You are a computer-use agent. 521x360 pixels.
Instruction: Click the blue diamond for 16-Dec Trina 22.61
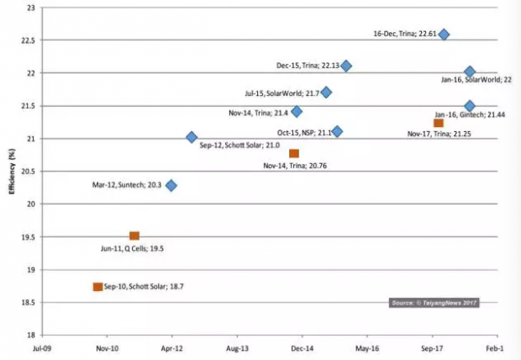click(x=444, y=34)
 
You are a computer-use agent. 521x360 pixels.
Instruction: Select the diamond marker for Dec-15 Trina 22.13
click(x=346, y=66)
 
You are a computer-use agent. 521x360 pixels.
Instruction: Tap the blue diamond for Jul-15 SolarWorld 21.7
click(x=326, y=92)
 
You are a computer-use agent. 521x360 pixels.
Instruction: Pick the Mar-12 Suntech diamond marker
click(x=171, y=185)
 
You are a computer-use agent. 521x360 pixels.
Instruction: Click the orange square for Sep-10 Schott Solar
click(x=98, y=287)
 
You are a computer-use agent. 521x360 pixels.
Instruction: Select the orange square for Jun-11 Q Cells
click(x=134, y=236)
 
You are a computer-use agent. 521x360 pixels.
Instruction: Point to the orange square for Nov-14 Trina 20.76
click(x=294, y=153)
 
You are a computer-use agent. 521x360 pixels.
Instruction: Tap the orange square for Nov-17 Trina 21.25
click(x=438, y=123)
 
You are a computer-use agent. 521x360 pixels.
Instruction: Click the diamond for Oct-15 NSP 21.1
click(x=337, y=131)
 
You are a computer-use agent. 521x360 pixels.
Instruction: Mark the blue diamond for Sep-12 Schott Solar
click(x=192, y=137)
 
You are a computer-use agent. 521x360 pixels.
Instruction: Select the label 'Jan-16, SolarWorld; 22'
click(x=476, y=80)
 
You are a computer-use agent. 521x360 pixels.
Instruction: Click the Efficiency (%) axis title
click(x=12, y=172)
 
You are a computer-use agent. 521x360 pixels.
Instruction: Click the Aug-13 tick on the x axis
click(x=237, y=347)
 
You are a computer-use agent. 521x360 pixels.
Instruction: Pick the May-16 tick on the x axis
click(x=367, y=347)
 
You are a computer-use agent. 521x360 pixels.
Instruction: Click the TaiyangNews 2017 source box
click(x=434, y=302)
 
